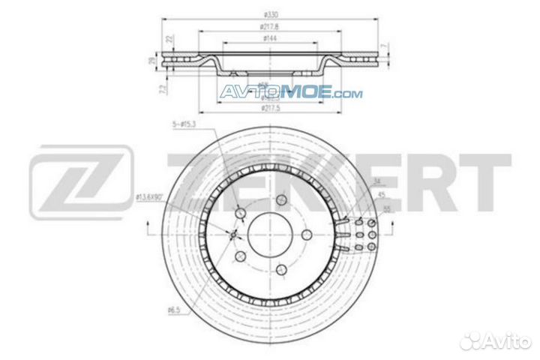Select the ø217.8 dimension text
(x=264, y=28)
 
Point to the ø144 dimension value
(x=264, y=39)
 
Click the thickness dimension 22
(x=169, y=38)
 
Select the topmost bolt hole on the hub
(x=281, y=200)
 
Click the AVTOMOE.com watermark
(x=292, y=94)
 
